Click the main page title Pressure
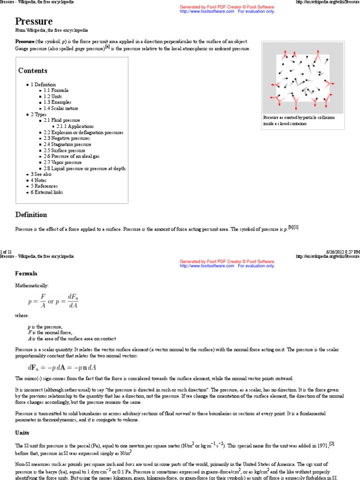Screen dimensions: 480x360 tap(34, 22)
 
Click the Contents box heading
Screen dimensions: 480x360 tap(33, 71)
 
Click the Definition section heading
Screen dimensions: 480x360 tap(31, 215)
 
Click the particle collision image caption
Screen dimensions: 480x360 tap(299, 121)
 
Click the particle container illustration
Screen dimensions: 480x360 tap(302, 79)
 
